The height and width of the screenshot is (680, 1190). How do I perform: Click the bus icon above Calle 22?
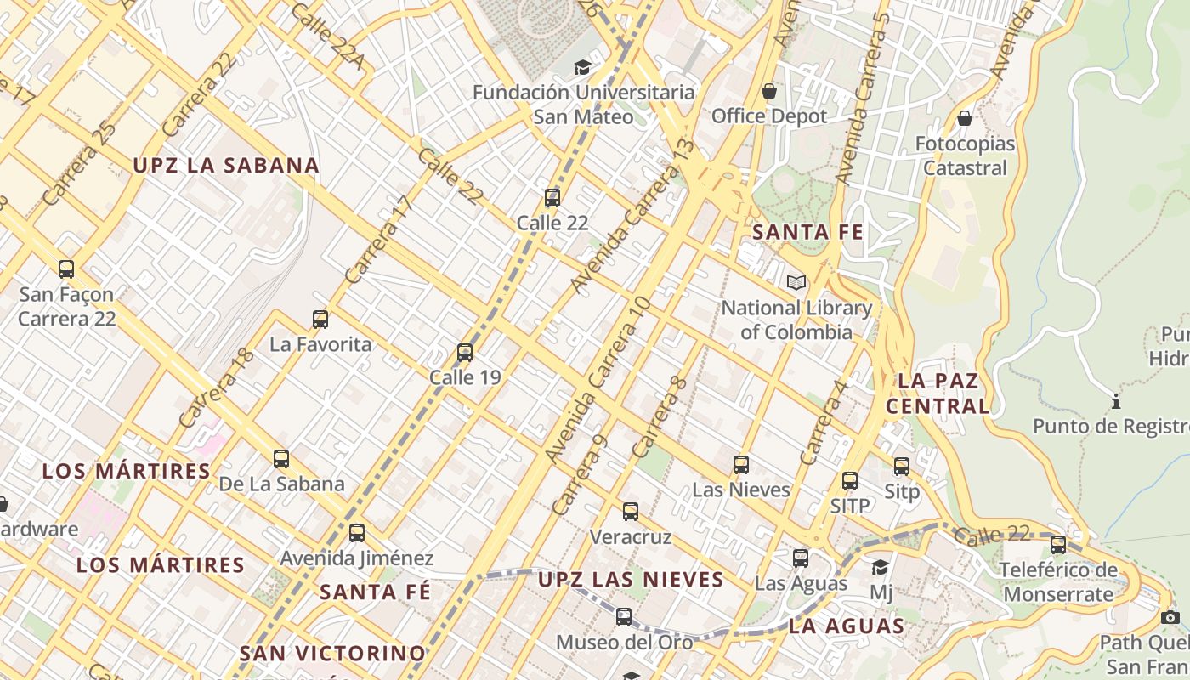pyautogui.click(x=552, y=198)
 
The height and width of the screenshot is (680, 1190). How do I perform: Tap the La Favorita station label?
pyautogui.click(x=320, y=344)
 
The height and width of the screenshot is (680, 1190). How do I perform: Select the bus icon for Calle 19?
pyautogui.click(x=465, y=353)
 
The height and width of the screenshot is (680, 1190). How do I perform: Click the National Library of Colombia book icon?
pyautogui.click(x=796, y=282)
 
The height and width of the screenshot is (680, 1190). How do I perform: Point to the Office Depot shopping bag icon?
pyautogui.click(x=769, y=90)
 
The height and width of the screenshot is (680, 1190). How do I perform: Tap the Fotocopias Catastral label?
pyautogui.click(x=965, y=156)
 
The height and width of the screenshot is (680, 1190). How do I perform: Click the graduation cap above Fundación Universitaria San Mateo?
pyautogui.click(x=582, y=67)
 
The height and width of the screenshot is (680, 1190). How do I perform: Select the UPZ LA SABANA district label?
pyautogui.click(x=226, y=166)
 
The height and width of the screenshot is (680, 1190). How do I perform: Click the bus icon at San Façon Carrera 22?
pyautogui.click(x=66, y=269)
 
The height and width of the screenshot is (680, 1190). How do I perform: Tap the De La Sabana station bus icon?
pyautogui.click(x=281, y=459)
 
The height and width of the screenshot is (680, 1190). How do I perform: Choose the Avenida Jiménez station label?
pyautogui.click(x=357, y=558)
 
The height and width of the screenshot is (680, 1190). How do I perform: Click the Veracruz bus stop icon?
pyautogui.click(x=631, y=512)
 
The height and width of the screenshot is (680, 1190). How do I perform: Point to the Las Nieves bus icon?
pyautogui.click(x=741, y=465)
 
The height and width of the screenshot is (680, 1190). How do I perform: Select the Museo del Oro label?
pyautogui.click(x=625, y=642)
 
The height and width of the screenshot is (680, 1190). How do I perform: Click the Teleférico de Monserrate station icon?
pyautogui.click(x=1058, y=545)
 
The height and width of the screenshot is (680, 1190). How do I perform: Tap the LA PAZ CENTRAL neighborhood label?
pyautogui.click(x=938, y=393)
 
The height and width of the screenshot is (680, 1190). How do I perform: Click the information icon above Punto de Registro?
pyautogui.click(x=1116, y=400)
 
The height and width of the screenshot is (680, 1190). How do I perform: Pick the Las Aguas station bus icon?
pyautogui.click(x=801, y=558)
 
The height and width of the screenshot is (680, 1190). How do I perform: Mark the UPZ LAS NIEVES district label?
pyautogui.click(x=631, y=580)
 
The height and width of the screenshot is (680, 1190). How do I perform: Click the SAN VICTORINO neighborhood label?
pyautogui.click(x=332, y=653)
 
